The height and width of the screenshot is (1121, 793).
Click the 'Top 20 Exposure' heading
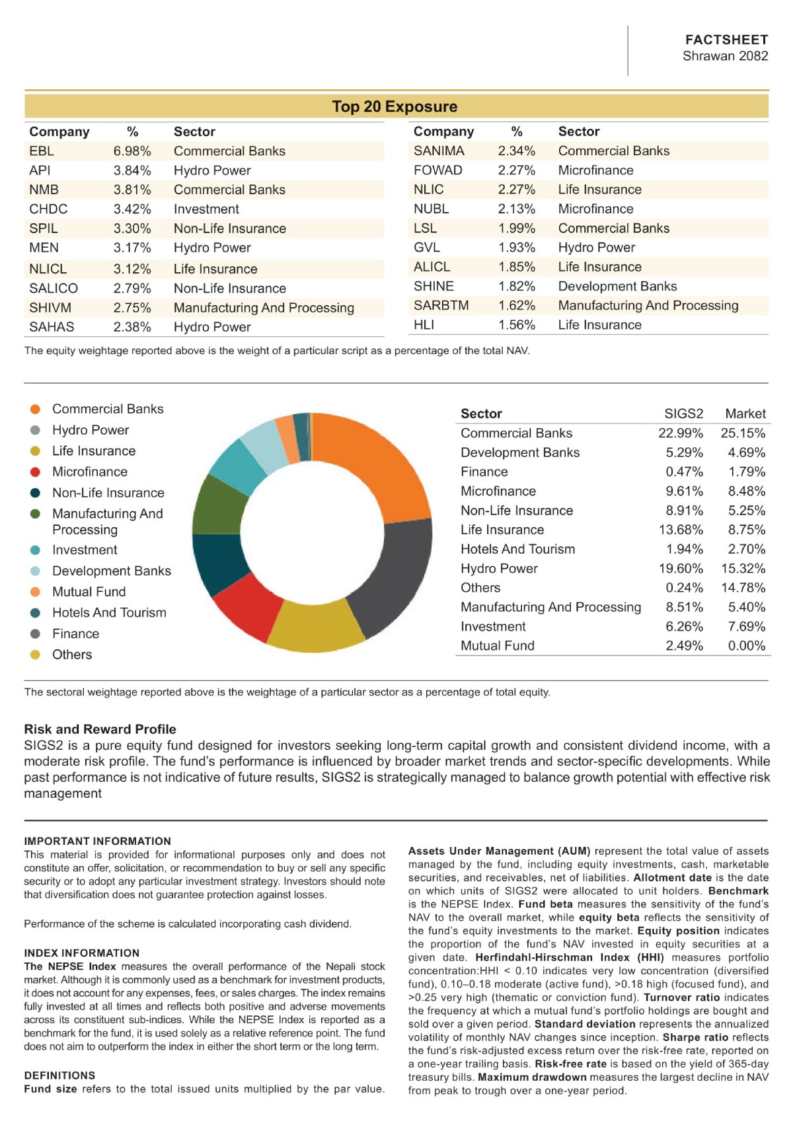pos(395,106)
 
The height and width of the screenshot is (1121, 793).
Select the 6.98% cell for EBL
pos(132,151)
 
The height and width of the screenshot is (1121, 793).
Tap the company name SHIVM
pos(50,308)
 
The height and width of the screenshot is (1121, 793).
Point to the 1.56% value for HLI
pos(517,325)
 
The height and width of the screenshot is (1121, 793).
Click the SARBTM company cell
pos(441,306)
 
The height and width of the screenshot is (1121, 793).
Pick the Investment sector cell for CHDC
pos(206,209)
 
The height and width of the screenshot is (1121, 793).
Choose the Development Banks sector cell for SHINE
pos(617,286)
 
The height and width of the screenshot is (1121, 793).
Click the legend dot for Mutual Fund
pos(35,592)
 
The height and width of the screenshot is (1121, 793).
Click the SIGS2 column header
pos(683,414)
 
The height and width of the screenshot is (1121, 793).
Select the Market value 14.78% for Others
pos(743,588)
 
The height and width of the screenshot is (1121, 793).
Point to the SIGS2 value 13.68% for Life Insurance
pos(681,530)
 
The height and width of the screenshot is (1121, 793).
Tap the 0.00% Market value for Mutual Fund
pos(747,646)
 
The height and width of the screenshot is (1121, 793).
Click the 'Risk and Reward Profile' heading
pos(100,729)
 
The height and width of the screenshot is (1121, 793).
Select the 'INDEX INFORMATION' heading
pos(81,953)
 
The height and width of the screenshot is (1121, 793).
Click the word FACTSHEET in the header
pos(726,40)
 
